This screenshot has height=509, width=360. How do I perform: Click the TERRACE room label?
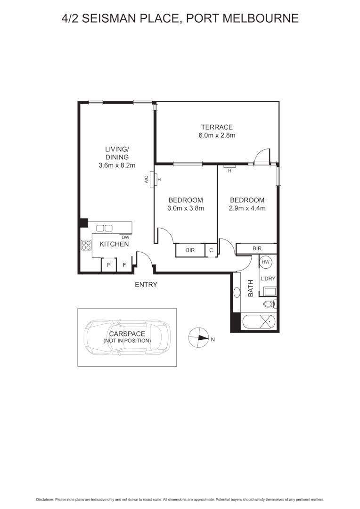coord(217,127)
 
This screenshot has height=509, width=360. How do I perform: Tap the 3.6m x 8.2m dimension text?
coord(117,165)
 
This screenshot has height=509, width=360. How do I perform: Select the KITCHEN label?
coord(114,244)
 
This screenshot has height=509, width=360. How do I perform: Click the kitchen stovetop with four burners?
coord(86,245)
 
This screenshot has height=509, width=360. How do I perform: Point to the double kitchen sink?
coord(104,228)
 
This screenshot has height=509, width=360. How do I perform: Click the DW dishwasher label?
coord(125,237)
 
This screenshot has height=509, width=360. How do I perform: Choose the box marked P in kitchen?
coord(109,265)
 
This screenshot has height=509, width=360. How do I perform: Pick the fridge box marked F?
coord(124,265)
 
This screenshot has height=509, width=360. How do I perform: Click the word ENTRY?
coord(146,285)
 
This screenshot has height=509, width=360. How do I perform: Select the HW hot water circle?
coord(266,262)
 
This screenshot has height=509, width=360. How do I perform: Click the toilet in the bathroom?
coord(270,304)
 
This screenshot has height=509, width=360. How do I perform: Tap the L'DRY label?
coord(267,279)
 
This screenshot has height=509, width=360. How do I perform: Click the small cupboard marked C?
coord(211,250)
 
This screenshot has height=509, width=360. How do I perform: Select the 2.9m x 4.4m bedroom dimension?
coord(246,208)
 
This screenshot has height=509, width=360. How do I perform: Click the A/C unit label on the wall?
coord(147,179)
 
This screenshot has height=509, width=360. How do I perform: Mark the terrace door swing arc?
coord(261,155)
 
